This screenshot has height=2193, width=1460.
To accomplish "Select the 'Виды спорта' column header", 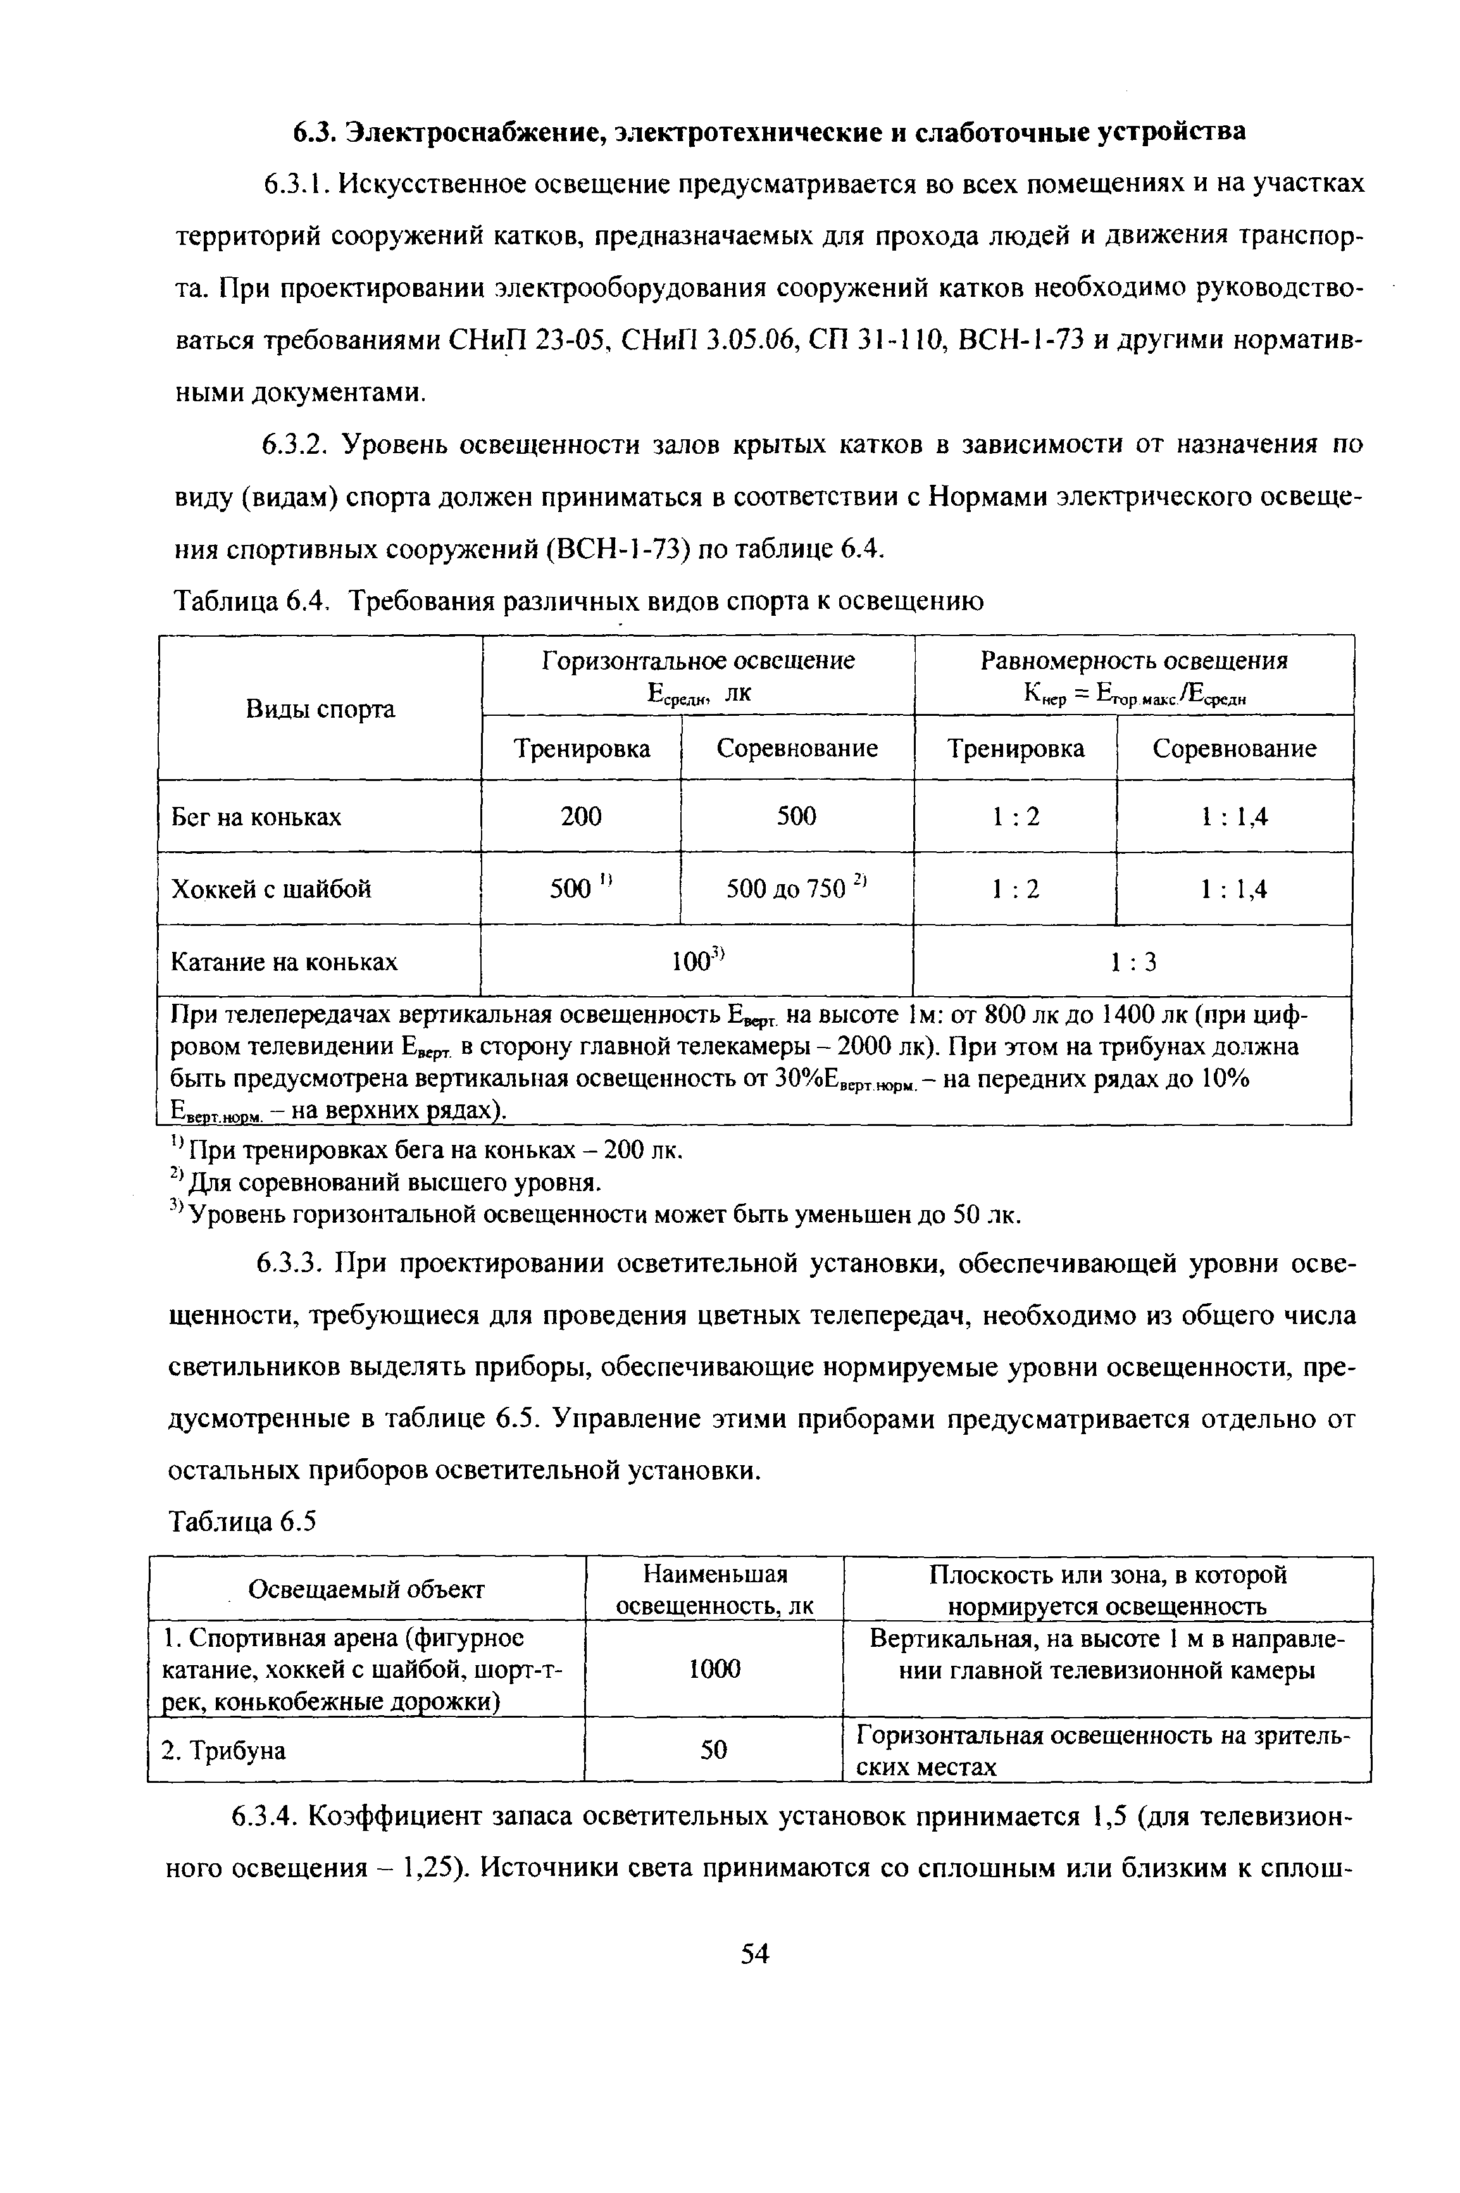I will [x=320, y=709].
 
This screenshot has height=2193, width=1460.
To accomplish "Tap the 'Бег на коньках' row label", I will [x=256, y=816].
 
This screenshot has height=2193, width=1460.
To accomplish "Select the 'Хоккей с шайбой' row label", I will [x=271, y=889].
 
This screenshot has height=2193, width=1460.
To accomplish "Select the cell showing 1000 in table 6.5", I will [x=713, y=1670].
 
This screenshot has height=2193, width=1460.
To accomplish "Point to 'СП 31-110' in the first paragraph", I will [x=873, y=341].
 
